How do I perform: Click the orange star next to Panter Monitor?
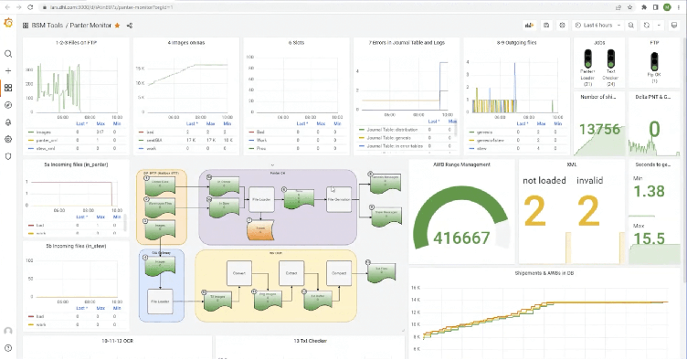[x=117, y=26]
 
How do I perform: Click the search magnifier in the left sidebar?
[x=8, y=55]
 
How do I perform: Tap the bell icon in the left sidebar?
[x=8, y=122]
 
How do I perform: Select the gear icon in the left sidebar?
[x=8, y=139]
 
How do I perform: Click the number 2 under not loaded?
[x=535, y=211]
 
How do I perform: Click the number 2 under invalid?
[x=588, y=211]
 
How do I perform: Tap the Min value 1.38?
[x=649, y=192]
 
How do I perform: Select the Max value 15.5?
[x=649, y=238]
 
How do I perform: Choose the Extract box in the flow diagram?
[x=293, y=273]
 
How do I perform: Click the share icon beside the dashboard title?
[x=130, y=26]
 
